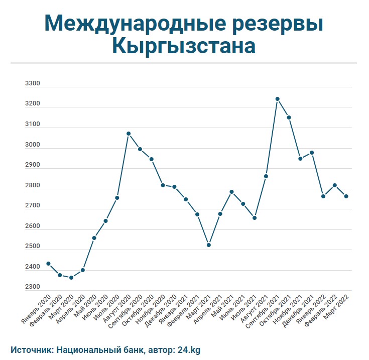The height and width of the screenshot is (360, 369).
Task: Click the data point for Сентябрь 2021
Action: click(x=277, y=99)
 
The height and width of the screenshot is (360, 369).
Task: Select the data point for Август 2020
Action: click(x=129, y=134)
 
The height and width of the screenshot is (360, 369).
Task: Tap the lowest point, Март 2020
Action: click(x=71, y=278)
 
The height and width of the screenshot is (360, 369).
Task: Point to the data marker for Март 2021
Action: click(x=208, y=245)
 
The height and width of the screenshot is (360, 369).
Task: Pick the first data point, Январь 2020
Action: click(x=48, y=264)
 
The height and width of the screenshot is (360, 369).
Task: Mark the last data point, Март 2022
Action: click(x=346, y=196)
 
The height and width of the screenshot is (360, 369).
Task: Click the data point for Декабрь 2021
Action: click(x=312, y=153)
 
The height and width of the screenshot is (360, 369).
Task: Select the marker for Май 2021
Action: click(x=231, y=192)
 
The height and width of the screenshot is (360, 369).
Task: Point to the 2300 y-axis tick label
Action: click(x=32, y=287)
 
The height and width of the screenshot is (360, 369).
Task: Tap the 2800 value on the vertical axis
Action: click(x=32, y=186)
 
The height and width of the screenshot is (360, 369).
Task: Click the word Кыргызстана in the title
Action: click(x=184, y=47)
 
